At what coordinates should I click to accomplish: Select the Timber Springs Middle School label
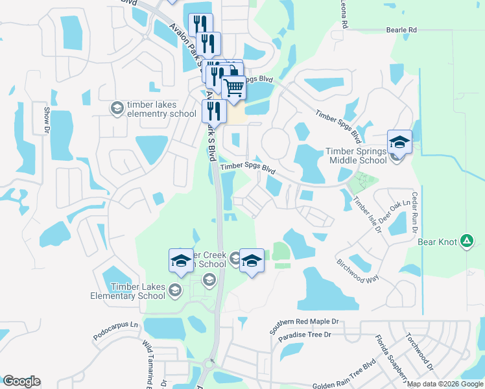[355, 156]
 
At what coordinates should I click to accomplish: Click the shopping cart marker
[233, 88]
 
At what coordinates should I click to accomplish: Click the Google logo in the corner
[21, 381]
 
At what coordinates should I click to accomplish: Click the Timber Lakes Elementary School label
[138, 292]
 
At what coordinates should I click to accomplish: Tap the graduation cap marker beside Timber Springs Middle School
[399, 143]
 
